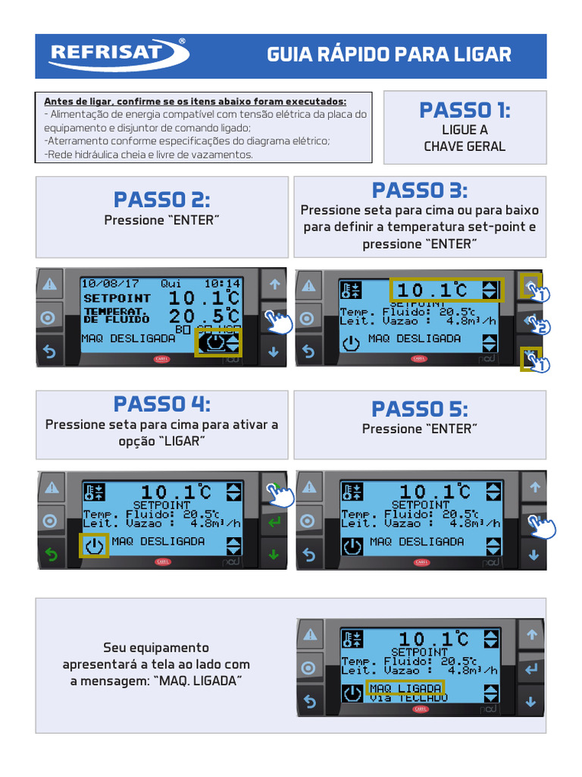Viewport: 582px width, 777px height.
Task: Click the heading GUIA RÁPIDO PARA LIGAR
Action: pos(389,55)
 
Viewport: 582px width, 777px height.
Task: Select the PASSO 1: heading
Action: pos(465,110)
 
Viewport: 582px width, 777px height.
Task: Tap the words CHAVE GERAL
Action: pos(465,146)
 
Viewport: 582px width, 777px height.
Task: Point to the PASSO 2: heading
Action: pos(161,200)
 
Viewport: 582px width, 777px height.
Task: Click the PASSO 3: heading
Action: pos(420,190)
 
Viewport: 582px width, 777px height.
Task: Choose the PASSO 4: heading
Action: pos(161,403)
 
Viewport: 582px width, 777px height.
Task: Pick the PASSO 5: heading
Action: pos(420,408)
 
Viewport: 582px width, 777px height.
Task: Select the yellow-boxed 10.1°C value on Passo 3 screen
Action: pos(446,290)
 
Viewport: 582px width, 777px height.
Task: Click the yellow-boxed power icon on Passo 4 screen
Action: pos(94,546)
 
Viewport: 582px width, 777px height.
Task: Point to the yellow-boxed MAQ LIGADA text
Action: pos(405,687)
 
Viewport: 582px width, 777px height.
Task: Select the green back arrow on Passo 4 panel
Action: pos(51,555)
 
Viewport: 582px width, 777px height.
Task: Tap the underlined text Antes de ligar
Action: pos(80,101)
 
